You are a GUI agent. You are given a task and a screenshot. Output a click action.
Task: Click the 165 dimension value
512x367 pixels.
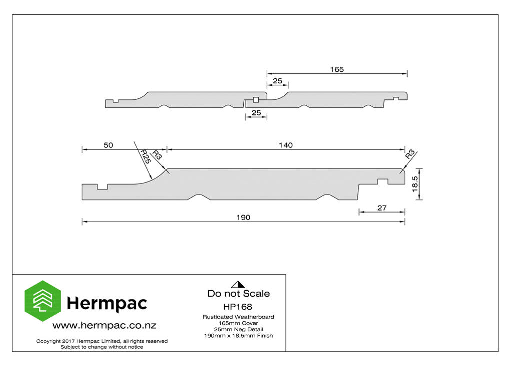click(337, 69)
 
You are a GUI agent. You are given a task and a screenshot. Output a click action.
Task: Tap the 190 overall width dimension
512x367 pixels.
click(243, 217)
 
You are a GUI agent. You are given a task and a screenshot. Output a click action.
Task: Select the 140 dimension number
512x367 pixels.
click(286, 145)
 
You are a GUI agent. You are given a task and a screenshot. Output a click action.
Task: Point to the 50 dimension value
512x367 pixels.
click(108, 145)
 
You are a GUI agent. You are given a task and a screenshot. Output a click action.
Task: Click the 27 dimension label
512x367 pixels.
click(382, 208)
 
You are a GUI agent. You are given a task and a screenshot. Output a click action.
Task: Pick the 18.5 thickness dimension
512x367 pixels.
click(415, 184)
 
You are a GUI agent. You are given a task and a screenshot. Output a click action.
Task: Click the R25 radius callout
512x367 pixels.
click(145, 157)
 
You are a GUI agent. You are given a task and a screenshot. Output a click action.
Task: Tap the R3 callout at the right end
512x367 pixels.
click(410, 154)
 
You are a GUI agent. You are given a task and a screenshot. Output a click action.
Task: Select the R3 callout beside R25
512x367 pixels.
click(157, 155)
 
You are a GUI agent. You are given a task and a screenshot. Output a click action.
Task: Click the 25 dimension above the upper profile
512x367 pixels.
click(277, 81)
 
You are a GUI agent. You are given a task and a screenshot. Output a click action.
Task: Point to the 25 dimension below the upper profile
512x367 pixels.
click(256, 113)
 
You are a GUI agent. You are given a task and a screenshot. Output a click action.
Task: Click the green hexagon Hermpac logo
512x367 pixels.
click(43, 301)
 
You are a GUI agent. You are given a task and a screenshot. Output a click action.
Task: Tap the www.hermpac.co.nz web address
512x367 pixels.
click(104, 325)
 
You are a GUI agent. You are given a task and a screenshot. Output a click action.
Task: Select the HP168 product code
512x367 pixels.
click(238, 307)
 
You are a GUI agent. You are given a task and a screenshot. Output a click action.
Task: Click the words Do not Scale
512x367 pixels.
click(238, 293)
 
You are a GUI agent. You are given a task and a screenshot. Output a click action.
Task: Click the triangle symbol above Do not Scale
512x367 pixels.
click(238, 284)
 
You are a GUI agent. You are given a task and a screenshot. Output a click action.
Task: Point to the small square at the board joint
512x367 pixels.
click(256, 100)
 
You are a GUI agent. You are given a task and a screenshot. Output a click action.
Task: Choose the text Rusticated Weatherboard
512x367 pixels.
click(238, 317)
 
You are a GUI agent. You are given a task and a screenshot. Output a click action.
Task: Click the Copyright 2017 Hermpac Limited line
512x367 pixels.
click(102, 341)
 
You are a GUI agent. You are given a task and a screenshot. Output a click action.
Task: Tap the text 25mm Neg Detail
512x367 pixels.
click(238, 329)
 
